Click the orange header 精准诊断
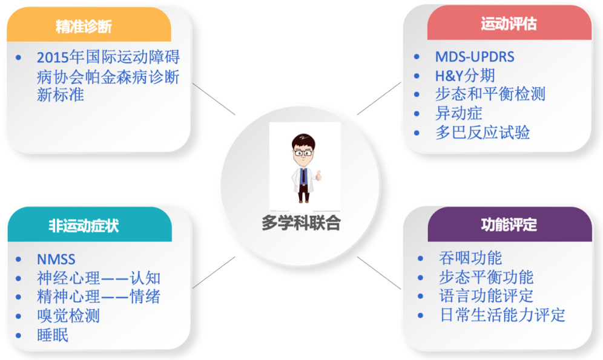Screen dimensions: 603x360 tap(84, 27)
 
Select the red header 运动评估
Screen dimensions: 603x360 tap(509, 24)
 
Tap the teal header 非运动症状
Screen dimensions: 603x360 tap(84, 226)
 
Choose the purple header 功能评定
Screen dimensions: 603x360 tap(509, 224)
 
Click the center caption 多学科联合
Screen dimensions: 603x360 tap(301, 223)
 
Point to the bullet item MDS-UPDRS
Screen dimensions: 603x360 tap(475, 57)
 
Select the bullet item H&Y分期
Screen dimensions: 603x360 tap(465, 76)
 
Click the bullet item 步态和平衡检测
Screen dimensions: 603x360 tap(490, 94)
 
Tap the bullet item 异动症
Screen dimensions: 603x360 tap(458, 113)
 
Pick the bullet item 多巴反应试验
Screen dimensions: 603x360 tap(483, 133)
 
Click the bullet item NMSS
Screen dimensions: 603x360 tap(56, 260)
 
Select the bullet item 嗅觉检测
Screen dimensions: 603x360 tap(68, 316)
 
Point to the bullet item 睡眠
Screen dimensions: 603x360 tap(53, 335)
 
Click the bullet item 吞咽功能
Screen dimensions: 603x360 tap(470, 258)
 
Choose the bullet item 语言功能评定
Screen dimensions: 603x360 tap(486, 296)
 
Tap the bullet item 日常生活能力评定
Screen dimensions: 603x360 tap(502, 315)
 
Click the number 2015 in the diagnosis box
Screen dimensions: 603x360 tap(53, 57)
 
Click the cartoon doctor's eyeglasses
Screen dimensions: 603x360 tap(303, 153)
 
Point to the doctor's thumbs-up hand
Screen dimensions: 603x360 tap(318, 175)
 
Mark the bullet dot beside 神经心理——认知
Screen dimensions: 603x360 tap(18, 278)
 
